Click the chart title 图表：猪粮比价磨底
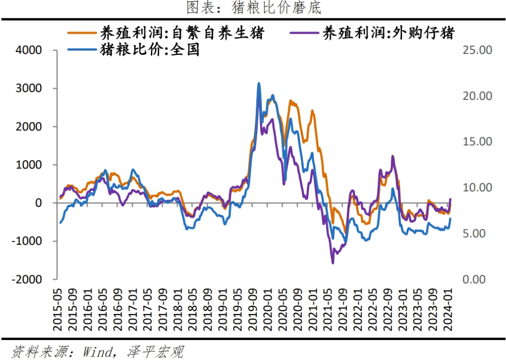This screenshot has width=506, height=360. coord(253,7)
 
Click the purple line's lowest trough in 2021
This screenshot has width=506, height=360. coord(333,263)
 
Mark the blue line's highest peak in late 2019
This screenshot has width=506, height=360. coord(259,83)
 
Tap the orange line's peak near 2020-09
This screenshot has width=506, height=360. coord(290,100)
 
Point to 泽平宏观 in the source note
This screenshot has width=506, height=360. coord(155,351)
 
